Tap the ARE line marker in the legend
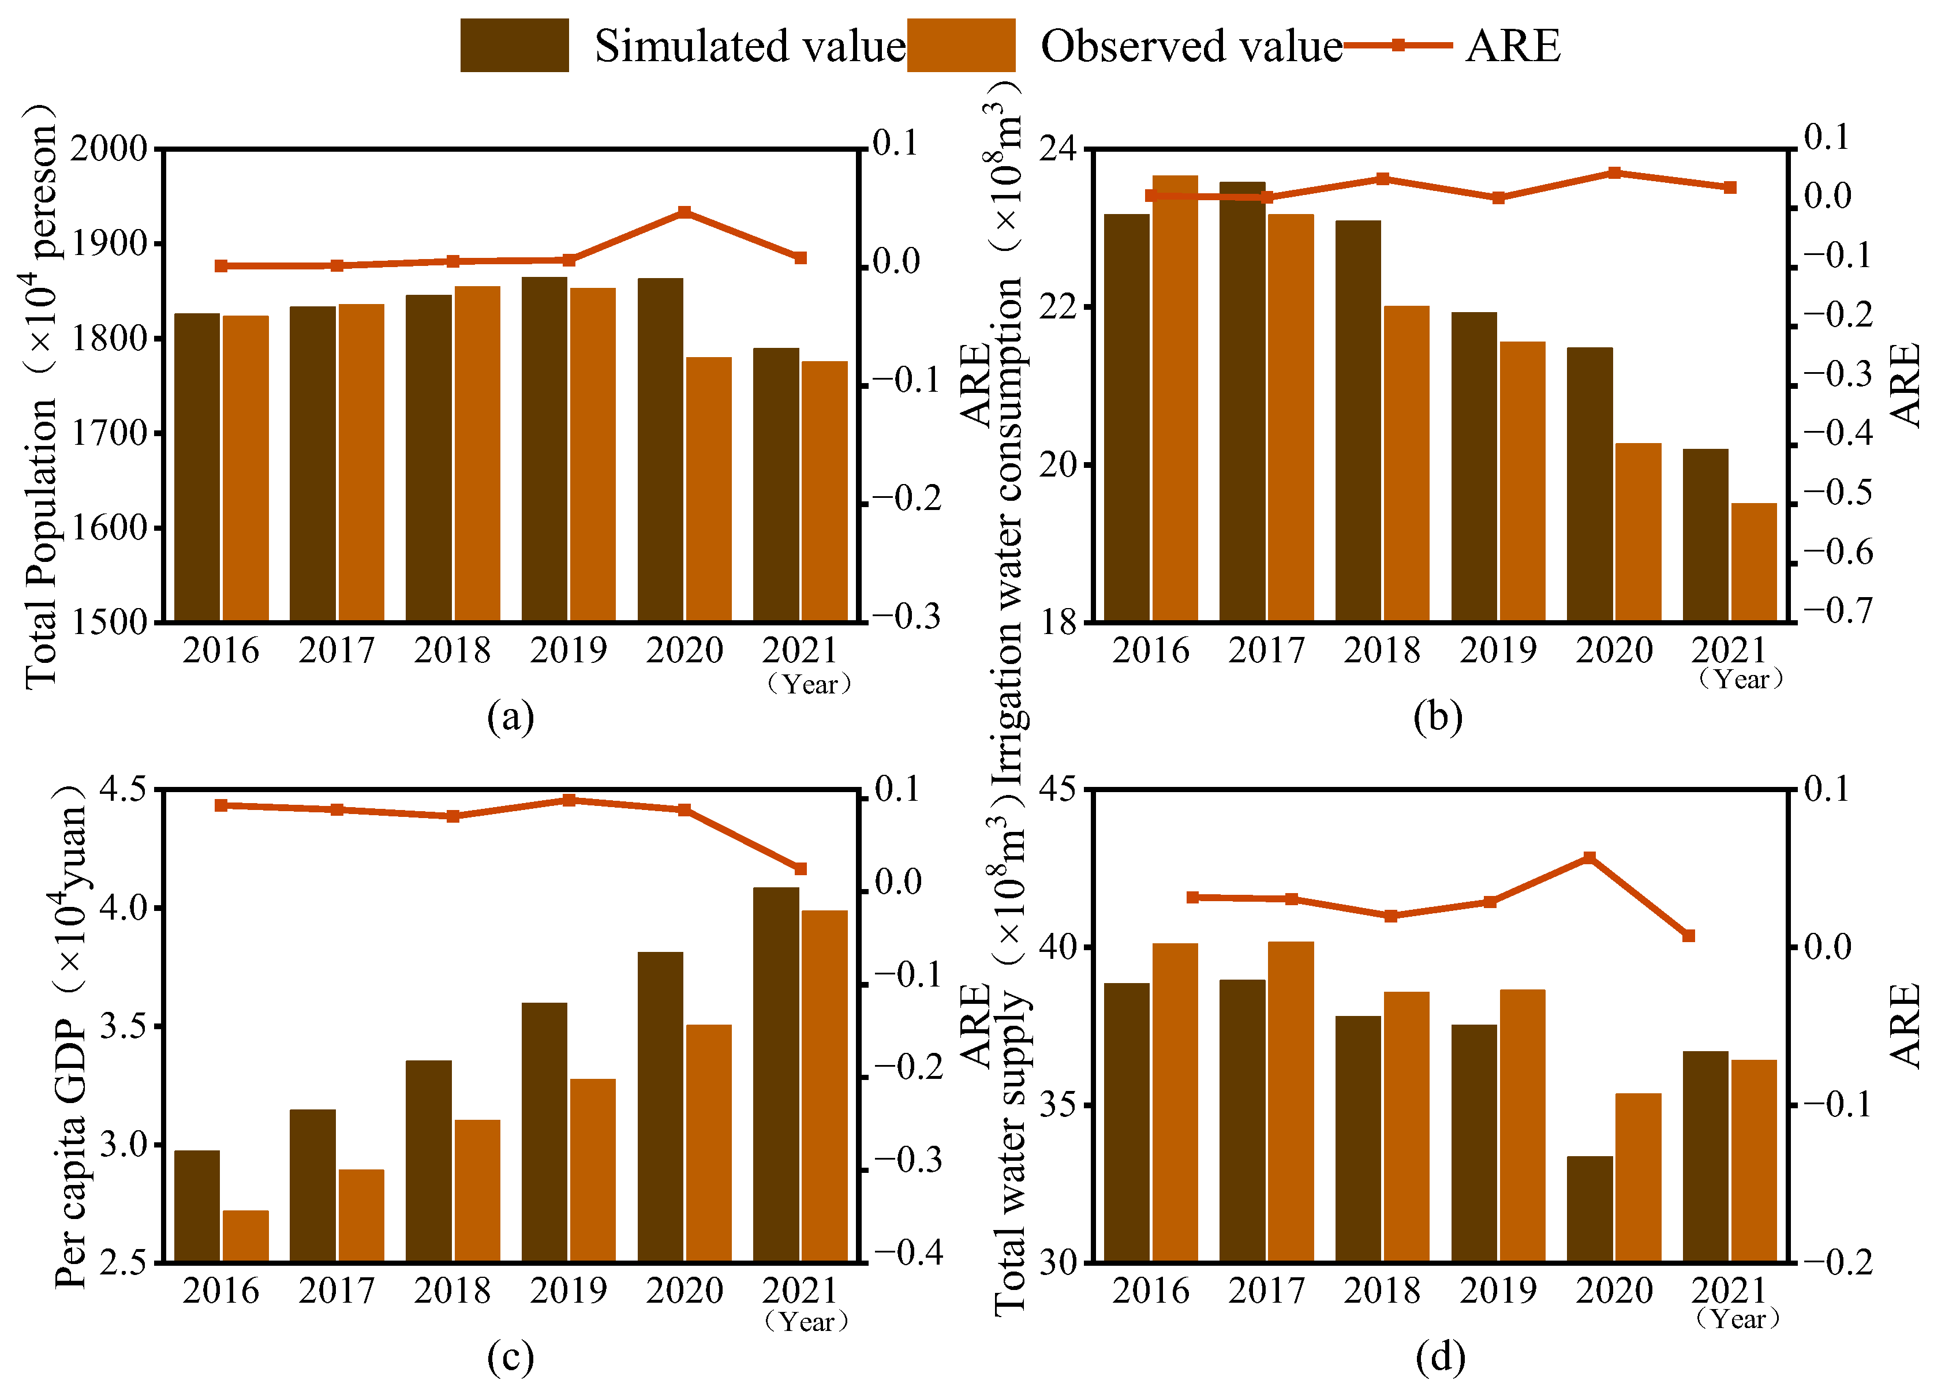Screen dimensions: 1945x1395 coord(1397,44)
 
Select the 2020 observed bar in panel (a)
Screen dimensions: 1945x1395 coord(708,489)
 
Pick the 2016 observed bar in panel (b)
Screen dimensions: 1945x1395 coord(1175,398)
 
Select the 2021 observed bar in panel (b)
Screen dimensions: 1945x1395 coord(1754,561)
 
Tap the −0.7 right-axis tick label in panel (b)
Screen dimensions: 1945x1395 coord(1838,610)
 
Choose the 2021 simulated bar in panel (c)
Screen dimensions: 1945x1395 coord(776,1074)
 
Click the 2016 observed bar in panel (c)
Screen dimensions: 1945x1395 coord(245,1236)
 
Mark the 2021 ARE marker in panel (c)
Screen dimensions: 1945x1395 coord(800,868)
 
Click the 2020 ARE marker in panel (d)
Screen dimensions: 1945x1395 coord(1589,857)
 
